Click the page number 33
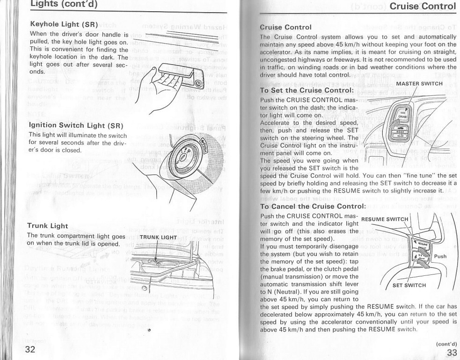click(x=452, y=353)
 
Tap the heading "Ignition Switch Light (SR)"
click(x=76, y=125)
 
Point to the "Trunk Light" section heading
click(x=48, y=226)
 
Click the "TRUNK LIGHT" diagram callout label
click(x=158, y=237)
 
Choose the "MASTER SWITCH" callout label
click(x=419, y=84)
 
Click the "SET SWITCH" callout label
click(x=409, y=285)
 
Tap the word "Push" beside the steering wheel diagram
click(x=440, y=256)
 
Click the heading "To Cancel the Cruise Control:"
click(x=312, y=206)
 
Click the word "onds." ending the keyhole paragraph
click(x=38, y=72)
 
